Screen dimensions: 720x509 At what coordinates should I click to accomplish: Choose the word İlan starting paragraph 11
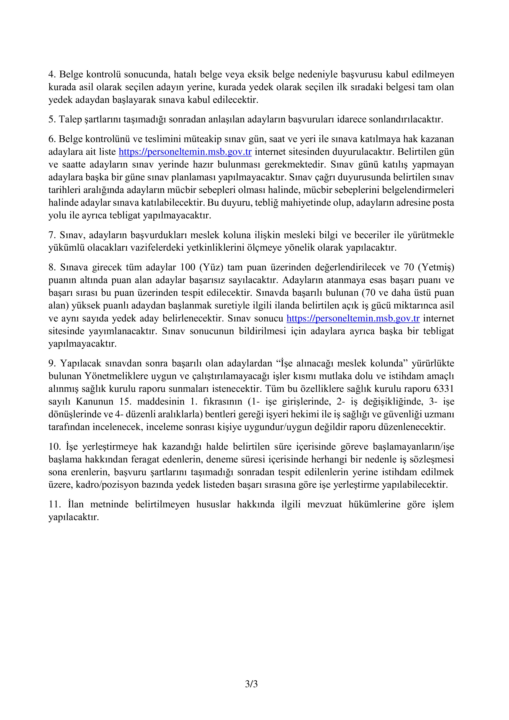point(75,504)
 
